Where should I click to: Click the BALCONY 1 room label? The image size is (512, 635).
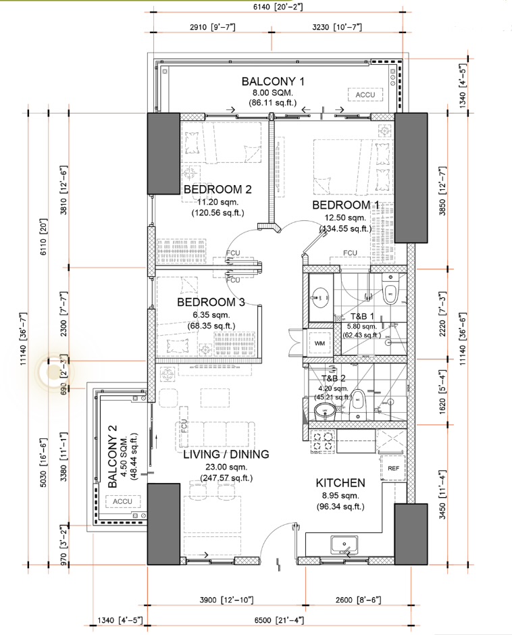click(x=274, y=82)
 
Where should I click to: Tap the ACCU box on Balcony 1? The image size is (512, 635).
click(x=365, y=95)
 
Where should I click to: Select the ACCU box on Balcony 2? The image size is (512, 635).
click(x=122, y=501)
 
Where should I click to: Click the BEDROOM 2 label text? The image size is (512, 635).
click(x=215, y=190)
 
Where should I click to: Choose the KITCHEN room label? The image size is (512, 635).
click(x=341, y=483)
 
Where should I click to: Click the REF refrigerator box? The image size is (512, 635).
click(x=391, y=467)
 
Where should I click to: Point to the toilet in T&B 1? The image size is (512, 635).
click(x=389, y=293)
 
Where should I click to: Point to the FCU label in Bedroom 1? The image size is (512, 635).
click(x=350, y=253)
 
